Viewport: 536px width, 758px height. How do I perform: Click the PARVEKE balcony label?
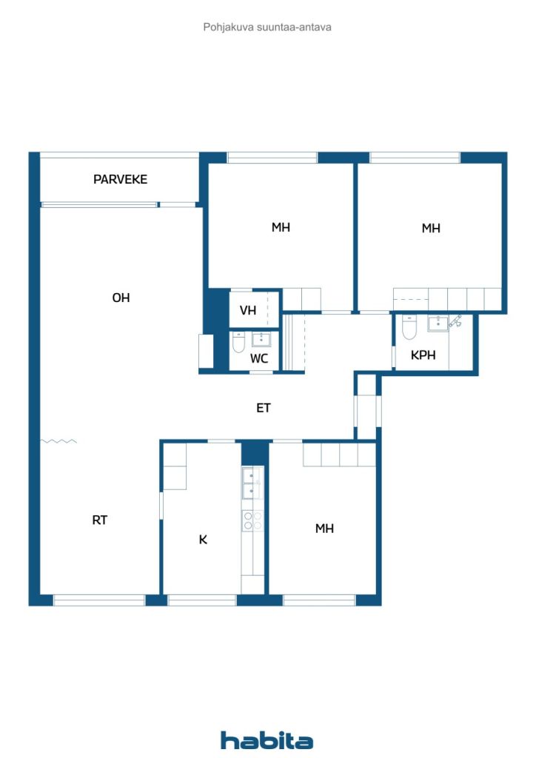point(120,179)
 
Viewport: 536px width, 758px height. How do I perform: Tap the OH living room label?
point(121,298)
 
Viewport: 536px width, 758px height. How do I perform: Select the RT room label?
point(100,520)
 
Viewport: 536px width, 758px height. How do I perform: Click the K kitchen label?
point(203,540)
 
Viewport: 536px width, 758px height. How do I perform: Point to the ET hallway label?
point(264,407)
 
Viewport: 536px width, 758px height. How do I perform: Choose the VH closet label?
point(248,310)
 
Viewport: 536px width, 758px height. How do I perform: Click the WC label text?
point(258,358)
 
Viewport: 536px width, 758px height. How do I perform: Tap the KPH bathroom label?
point(423,355)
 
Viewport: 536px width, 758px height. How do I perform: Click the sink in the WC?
point(261,340)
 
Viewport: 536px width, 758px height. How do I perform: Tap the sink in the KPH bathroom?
point(437,323)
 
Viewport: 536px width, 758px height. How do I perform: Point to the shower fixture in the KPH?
point(456,321)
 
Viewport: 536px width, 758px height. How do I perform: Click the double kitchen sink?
point(252,483)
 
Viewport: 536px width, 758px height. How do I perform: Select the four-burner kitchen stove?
point(252,521)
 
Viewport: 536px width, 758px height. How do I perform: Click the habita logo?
point(267,739)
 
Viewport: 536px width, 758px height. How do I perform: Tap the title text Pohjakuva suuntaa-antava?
point(267,27)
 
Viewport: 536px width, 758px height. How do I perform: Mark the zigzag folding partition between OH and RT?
point(58,441)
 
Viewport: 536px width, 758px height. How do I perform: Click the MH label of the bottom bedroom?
point(324,529)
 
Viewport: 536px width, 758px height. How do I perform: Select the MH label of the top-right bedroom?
point(431,228)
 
